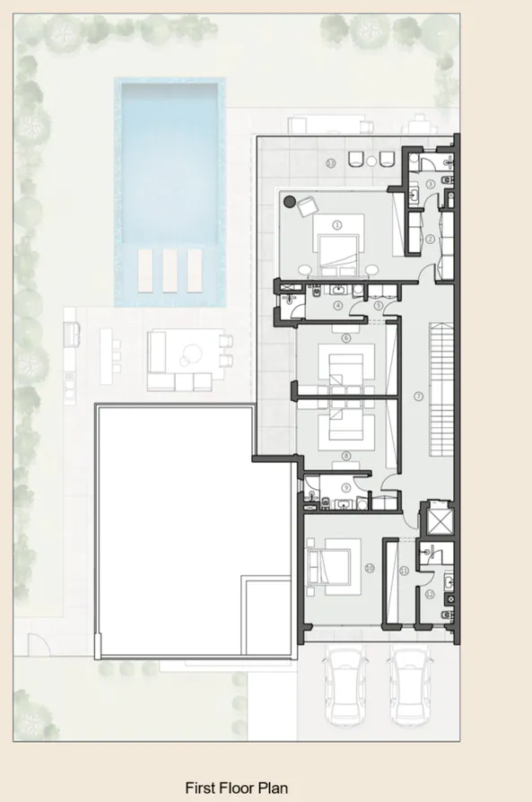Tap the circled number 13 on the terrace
[331, 163]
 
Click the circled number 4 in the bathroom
[337, 305]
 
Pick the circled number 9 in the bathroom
[345, 487]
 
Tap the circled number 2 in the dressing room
[430, 239]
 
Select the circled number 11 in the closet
[404, 571]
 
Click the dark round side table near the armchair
[290, 201]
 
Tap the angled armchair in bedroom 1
[306, 205]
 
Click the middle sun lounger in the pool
[170, 270]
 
